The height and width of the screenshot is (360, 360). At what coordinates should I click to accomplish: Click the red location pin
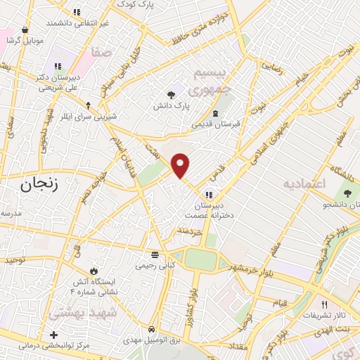(181, 165)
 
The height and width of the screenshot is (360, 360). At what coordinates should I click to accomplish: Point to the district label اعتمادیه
(306, 183)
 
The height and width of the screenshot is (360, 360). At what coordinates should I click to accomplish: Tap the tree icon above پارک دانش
(171, 95)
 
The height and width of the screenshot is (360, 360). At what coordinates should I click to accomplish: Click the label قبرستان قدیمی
(216, 124)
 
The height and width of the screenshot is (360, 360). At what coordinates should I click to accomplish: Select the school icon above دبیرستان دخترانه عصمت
(207, 194)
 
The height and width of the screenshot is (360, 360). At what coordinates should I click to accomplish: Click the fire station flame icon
(94, 271)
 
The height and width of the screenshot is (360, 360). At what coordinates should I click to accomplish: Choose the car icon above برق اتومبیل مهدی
(152, 329)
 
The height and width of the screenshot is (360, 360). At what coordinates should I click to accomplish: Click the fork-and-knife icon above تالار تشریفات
(324, 304)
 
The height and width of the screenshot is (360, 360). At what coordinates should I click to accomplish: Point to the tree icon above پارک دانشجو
(346, 193)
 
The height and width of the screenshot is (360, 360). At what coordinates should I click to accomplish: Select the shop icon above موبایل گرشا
(26, 30)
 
